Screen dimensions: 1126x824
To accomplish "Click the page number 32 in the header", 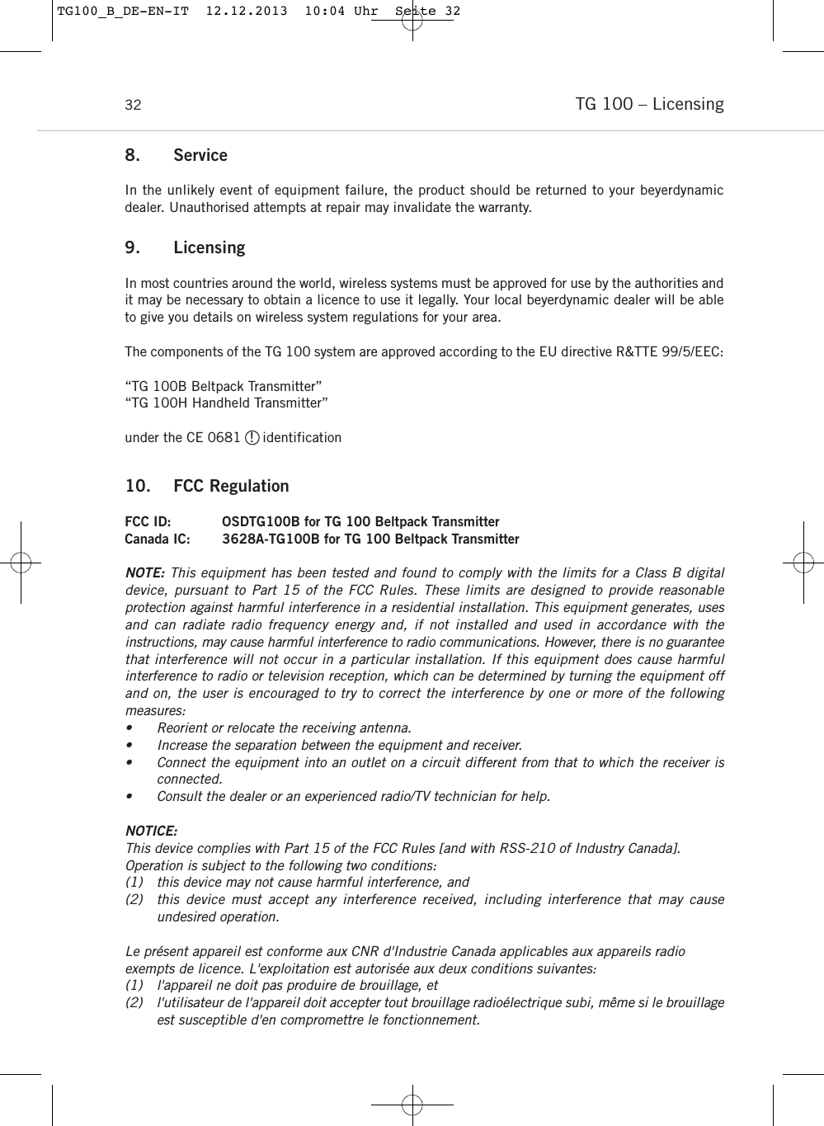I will pos(133,106).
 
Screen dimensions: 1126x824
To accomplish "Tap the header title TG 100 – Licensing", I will pos(649,104).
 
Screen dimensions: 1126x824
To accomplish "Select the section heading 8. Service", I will pos(176,155).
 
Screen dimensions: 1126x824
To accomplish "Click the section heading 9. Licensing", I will pos(185,247).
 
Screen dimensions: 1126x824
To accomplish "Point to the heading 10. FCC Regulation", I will pos(207,486).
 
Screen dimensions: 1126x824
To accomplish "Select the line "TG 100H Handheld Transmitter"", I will pos(226,403).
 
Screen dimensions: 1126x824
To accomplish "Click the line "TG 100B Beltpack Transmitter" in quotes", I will pos(224,386).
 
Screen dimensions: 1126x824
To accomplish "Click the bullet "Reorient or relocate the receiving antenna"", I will pos(284,728).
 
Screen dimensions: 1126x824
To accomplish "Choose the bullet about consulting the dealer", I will pos(353,796).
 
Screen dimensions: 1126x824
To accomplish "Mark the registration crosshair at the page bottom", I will pos(412,1104).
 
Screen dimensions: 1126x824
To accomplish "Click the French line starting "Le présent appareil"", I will pos(404,951).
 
